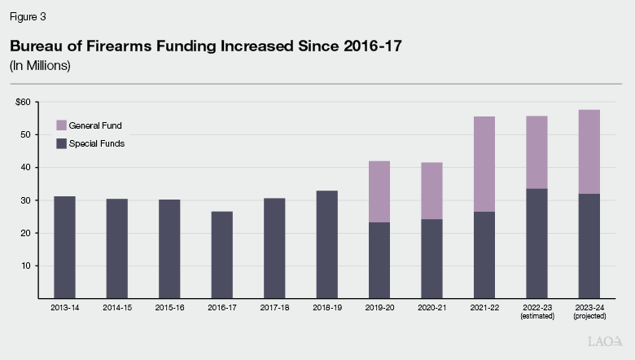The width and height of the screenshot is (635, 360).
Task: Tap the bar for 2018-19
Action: coord(326,244)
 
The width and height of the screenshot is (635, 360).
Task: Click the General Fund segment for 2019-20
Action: coord(379,191)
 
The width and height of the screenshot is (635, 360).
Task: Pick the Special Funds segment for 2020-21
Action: coord(431,258)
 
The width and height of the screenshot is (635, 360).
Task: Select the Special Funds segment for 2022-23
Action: coord(536,244)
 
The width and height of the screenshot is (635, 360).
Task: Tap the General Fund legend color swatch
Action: coord(62,125)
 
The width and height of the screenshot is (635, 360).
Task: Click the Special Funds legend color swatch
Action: coord(62,143)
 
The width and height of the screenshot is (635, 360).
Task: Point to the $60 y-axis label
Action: coord(22,102)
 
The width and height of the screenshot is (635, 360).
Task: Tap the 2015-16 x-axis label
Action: coord(169,309)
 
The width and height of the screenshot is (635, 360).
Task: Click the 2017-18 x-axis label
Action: coord(274,309)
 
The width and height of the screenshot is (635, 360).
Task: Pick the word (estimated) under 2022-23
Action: coord(536,317)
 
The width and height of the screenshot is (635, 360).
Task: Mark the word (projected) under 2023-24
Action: coord(589,317)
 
